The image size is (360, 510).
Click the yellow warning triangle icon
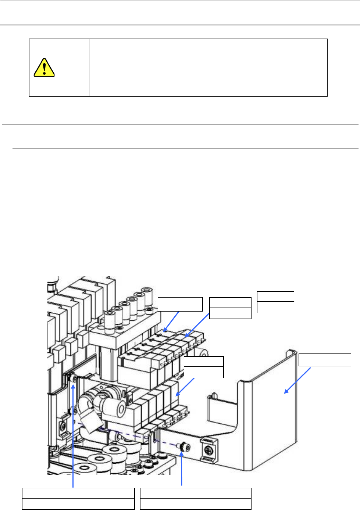[x=44, y=68]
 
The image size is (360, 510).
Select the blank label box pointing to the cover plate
[x=325, y=360]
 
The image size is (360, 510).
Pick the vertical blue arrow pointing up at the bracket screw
[x=74, y=434]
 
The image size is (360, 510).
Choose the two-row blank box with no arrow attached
[x=275, y=302]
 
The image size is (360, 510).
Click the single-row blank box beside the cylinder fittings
[x=180, y=304]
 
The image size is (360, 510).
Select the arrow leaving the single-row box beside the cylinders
[x=171, y=322]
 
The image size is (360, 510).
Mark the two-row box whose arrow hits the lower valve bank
[x=204, y=367]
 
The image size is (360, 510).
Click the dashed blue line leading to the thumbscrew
[x=129, y=434]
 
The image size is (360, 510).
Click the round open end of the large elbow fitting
[x=118, y=407]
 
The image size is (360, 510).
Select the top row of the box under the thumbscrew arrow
[x=196, y=493]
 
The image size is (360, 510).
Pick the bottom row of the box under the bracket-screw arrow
[x=78, y=504]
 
